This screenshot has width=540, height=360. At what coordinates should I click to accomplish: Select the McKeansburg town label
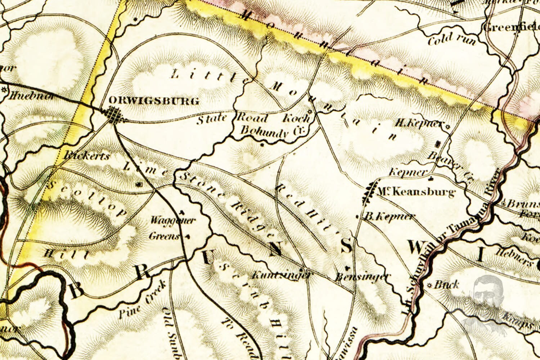[x=416, y=192]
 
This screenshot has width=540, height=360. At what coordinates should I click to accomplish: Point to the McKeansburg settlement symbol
[x=369, y=193]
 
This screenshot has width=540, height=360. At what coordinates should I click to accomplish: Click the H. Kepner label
[x=419, y=124]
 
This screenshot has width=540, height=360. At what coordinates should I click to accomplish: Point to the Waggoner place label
[x=173, y=220]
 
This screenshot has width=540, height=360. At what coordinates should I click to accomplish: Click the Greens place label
[x=164, y=237]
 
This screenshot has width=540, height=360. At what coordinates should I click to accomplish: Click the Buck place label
[x=447, y=285]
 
